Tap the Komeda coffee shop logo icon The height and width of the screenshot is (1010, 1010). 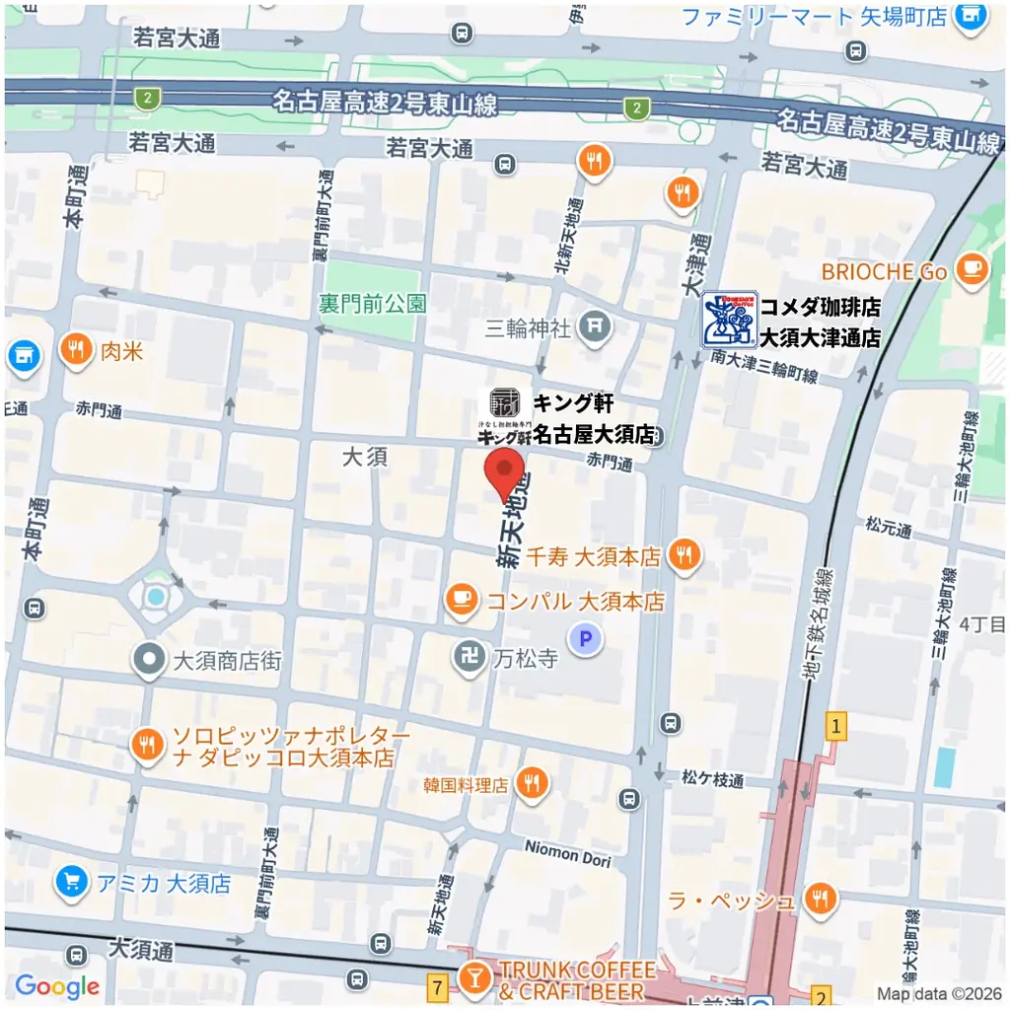pyautogui.click(x=729, y=320)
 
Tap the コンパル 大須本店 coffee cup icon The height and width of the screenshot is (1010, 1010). pyautogui.click(x=461, y=600)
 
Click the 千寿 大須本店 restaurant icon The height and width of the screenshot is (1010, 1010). pyautogui.click(x=684, y=555)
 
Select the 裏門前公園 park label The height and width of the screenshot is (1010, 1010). pyautogui.click(x=373, y=303)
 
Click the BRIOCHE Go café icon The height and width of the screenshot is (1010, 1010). pyautogui.click(x=974, y=268)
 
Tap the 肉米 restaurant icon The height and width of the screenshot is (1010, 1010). pyautogui.click(x=76, y=348)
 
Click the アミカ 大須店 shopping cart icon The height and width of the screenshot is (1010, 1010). pyautogui.click(x=71, y=882)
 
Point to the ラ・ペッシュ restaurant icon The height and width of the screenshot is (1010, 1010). pyautogui.click(x=820, y=899)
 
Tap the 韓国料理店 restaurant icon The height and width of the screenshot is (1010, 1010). pyautogui.click(x=533, y=784)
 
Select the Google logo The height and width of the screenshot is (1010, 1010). pyautogui.click(x=57, y=985)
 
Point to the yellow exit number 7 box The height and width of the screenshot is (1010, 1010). pyautogui.click(x=437, y=983)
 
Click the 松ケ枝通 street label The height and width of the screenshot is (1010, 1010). pyautogui.click(x=712, y=779)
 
